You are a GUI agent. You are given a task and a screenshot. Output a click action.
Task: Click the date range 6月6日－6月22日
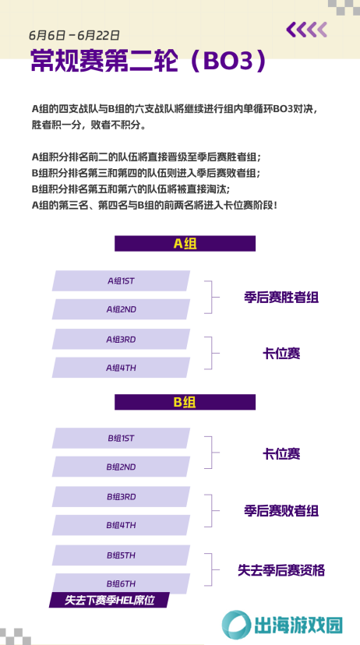click(75, 35)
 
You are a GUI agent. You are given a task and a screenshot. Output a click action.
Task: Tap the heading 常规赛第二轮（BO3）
click(149, 62)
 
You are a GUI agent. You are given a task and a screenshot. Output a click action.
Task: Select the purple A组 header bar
click(185, 244)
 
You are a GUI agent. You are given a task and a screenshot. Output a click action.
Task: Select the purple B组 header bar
click(185, 402)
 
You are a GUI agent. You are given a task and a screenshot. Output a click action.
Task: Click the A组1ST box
click(121, 281)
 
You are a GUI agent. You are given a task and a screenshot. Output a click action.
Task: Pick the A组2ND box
click(121, 309)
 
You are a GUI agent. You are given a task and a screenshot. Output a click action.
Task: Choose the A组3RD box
click(121, 340)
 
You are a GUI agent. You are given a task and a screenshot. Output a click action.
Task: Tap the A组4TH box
click(121, 368)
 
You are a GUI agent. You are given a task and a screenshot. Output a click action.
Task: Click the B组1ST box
click(121, 439)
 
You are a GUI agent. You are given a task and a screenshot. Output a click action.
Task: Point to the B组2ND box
click(121, 467)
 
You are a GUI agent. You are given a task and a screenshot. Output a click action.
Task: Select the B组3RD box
click(121, 497)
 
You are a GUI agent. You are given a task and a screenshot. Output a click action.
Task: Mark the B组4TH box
click(121, 525)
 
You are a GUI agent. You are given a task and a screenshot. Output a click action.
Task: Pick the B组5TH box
click(121, 555)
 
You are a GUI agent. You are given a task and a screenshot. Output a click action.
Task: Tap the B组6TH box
click(121, 583)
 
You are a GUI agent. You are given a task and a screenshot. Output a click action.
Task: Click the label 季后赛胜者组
click(281, 298)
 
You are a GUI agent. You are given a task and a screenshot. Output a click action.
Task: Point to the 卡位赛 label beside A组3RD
click(281, 354)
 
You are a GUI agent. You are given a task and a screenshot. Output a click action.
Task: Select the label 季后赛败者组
click(281, 511)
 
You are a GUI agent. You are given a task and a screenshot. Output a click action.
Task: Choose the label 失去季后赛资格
click(281, 570)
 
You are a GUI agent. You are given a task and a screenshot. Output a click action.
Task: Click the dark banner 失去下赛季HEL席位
click(109, 600)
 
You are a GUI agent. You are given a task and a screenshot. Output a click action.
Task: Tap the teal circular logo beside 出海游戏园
click(237, 625)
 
